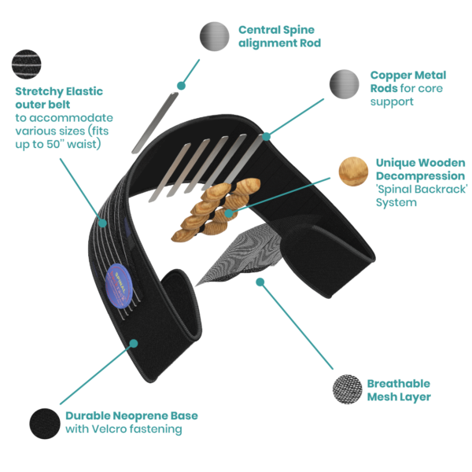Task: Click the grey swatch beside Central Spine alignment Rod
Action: [213, 35]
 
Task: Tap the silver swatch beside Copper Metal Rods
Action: [344, 83]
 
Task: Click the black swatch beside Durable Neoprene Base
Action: [44, 422]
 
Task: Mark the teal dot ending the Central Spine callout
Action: [181, 84]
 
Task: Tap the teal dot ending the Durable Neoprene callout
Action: [135, 343]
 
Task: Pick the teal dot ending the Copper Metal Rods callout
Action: [267, 136]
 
